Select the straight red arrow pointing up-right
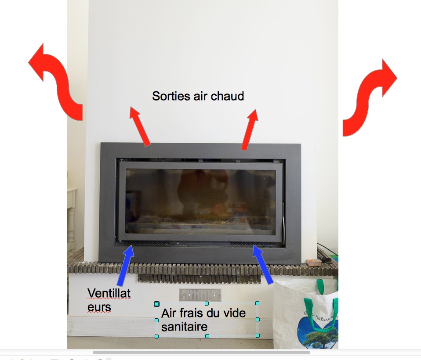[x=249, y=130]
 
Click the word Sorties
[x=171, y=96]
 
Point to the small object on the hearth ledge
[x=314, y=262]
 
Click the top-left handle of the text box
[x=156, y=304]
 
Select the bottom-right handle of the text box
[x=258, y=336]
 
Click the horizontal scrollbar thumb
[x=201, y=352]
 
